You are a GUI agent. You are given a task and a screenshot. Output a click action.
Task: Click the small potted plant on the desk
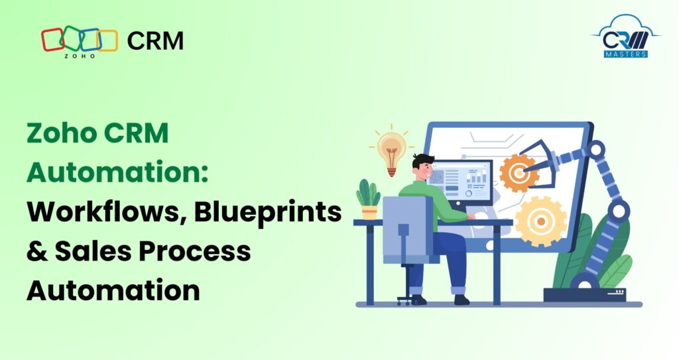pos(368,198)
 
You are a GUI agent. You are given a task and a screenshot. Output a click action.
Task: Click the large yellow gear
pos(541,221)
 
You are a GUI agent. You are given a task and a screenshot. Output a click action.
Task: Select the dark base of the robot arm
pos(584,294)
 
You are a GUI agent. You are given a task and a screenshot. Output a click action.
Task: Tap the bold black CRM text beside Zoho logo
pos(155,41)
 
